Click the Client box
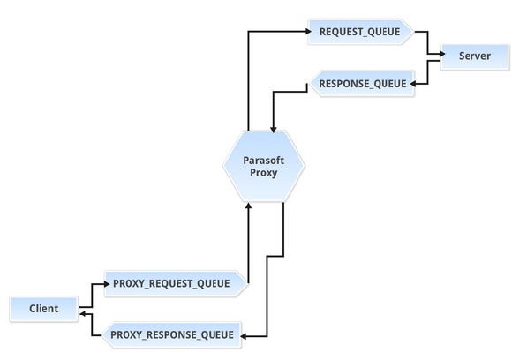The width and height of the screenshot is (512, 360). click(x=44, y=309)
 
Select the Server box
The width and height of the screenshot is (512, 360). click(x=475, y=56)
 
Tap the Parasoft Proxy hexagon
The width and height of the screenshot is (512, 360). click(x=264, y=166)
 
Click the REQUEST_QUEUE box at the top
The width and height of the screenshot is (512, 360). click(x=360, y=32)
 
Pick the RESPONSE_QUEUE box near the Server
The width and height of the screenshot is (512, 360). click(x=362, y=84)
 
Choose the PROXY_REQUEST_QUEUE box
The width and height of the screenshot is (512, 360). click(x=176, y=283)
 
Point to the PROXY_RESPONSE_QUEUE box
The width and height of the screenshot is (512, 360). click(x=172, y=335)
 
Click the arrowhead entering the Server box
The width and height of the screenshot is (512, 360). click(x=442, y=54)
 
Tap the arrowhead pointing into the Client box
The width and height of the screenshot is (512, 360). click(x=83, y=314)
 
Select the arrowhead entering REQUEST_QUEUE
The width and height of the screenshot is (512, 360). click(x=309, y=32)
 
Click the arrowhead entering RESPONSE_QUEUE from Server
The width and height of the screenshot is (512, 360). click(x=413, y=84)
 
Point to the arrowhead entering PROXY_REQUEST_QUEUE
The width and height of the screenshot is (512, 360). click(x=107, y=284)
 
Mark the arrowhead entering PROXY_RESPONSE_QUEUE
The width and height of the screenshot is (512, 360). click(x=244, y=336)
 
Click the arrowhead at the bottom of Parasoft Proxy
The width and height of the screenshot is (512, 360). click(x=248, y=206)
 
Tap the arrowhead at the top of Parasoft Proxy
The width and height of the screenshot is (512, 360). click(x=274, y=129)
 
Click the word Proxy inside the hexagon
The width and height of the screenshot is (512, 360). click(x=264, y=173)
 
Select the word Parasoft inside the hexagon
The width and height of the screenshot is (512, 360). click(x=264, y=161)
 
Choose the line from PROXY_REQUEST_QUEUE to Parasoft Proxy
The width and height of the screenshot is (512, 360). click(x=248, y=244)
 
